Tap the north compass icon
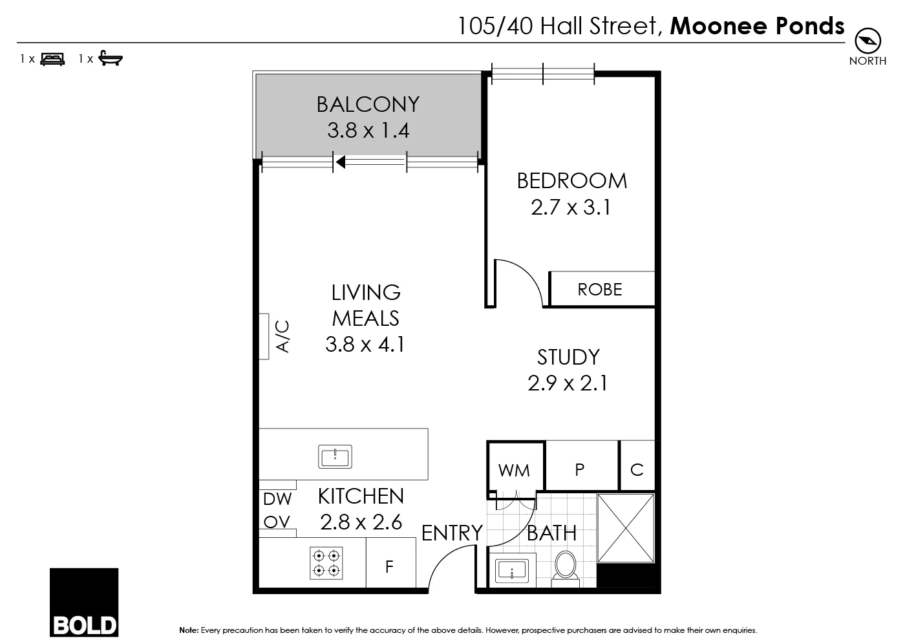(x=868, y=41)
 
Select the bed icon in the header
(x=52, y=59)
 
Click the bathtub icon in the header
(x=111, y=59)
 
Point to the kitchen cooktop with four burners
(x=325, y=562)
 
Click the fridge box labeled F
(x=390, y=567)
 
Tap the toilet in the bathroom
(x=566, y=566)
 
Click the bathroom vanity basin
(x=512, y=571)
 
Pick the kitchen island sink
(x=335, y=456)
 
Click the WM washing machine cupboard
(x=515, y=470)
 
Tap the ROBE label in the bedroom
(x=600, y=290)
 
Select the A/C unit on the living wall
(x=264, y=336)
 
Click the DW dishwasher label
(x=277, y=499)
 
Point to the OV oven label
(x=277, y=522)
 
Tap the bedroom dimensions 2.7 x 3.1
(x=571, y=208)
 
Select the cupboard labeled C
(x=637, y=469)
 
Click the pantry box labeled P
(x=580, y=469)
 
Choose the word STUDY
(x=568, y=357)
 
